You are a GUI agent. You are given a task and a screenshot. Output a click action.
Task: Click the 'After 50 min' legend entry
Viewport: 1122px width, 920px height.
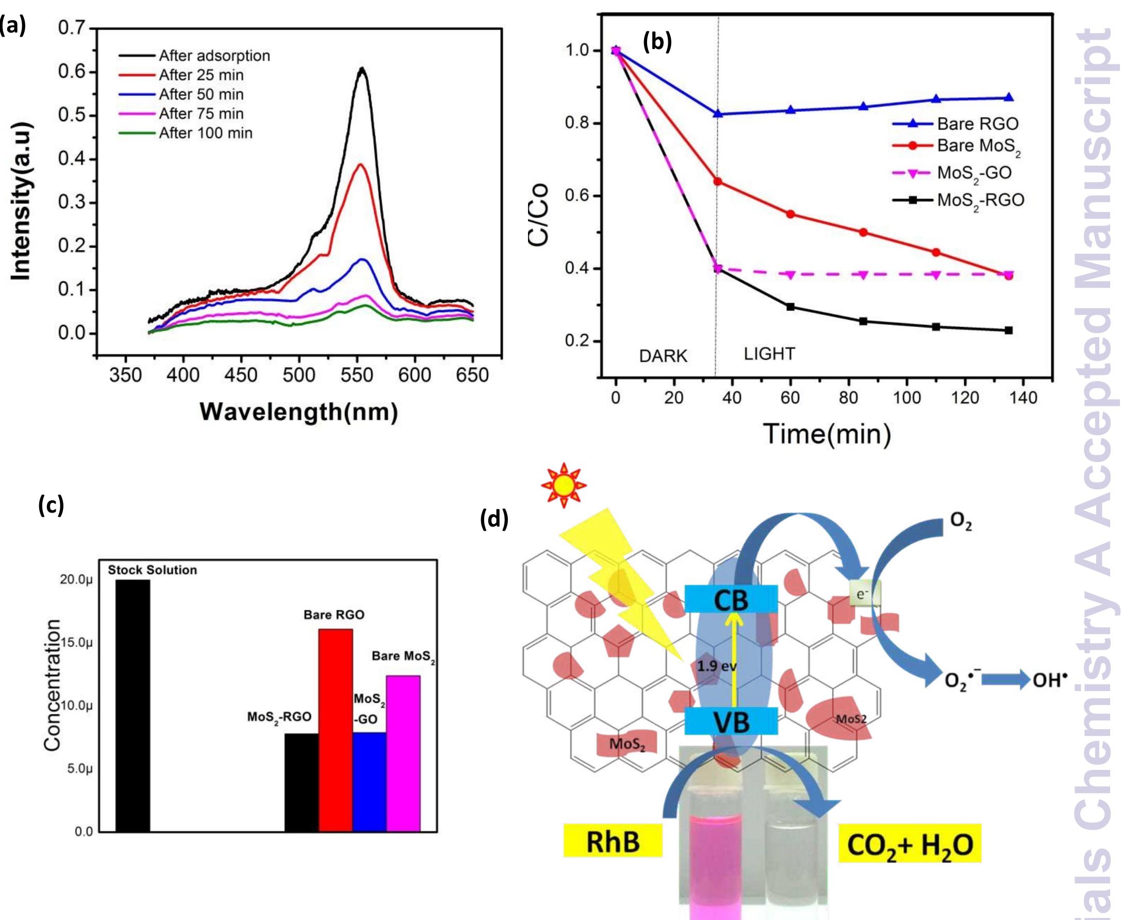201,94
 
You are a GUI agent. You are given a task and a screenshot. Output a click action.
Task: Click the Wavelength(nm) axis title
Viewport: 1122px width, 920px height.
299,412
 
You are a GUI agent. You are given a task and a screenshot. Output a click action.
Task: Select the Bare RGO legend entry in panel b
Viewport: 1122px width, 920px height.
978,124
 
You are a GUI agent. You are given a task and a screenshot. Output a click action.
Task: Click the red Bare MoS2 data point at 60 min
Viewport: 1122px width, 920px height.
790,214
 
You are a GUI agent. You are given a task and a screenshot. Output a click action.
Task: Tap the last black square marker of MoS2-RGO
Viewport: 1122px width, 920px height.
1008,330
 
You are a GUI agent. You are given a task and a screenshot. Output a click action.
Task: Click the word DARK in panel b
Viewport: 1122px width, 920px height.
663,356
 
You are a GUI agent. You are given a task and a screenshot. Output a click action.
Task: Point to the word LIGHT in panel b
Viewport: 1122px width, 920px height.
769,354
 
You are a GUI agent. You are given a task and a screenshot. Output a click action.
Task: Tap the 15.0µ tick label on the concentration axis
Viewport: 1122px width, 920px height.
78,643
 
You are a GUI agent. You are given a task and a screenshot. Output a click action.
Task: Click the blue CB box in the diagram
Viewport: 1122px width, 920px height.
731,599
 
